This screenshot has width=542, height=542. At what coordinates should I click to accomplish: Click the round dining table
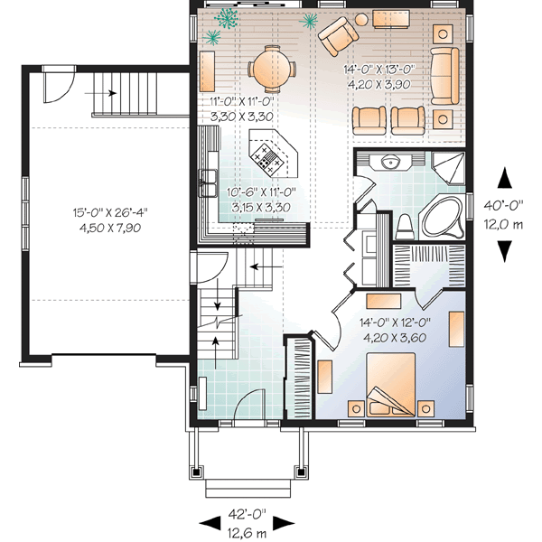pyautogui.click(x=273, y=66)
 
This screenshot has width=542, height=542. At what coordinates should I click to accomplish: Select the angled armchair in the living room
pyautogui.click(x=337, y=37)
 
